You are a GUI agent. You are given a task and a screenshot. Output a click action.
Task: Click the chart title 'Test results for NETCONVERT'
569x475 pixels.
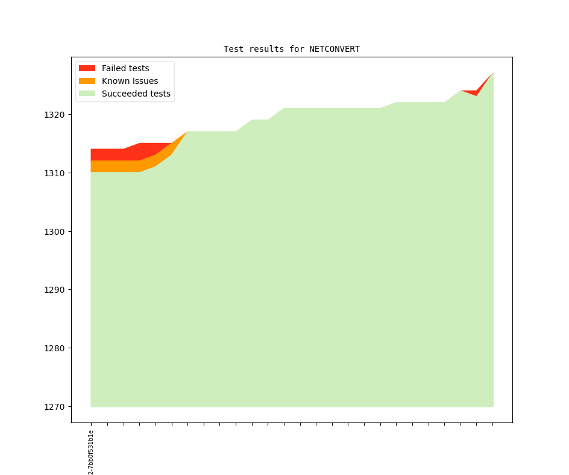click(291, 49)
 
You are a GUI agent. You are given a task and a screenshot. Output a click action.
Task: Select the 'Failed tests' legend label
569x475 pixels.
click(125, 68)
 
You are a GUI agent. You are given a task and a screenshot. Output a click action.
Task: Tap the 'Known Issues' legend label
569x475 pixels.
click(130, 81)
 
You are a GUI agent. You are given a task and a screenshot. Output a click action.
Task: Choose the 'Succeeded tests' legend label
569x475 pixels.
click(136, 94)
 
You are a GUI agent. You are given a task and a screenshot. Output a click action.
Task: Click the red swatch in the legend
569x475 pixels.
click(87, 68)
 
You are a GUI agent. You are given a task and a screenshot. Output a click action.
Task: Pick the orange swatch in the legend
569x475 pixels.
click(87, 81)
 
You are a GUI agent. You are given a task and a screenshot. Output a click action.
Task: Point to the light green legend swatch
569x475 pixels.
click(87, 94)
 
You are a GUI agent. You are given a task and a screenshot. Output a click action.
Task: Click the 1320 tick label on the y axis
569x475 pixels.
click(55, 115)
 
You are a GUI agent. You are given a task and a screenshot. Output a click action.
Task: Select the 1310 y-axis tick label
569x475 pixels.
click(55, 173)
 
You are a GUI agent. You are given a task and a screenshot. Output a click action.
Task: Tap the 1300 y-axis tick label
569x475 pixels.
click(55, 232)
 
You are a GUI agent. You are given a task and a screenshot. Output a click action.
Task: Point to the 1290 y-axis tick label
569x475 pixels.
click(55, 290)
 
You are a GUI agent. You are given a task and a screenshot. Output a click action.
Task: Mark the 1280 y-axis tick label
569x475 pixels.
click(55, 348)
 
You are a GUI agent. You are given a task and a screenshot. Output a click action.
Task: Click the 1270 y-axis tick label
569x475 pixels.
click(55, 407)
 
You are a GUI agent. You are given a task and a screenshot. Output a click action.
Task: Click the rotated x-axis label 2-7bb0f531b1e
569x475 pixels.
click(91, 452)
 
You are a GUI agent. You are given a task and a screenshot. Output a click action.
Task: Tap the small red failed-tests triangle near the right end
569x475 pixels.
click(476, 92)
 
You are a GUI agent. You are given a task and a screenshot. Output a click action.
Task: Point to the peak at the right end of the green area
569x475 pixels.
click(492, 74)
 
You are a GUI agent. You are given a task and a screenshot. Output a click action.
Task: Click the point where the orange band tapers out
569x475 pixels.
click(187, 132)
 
